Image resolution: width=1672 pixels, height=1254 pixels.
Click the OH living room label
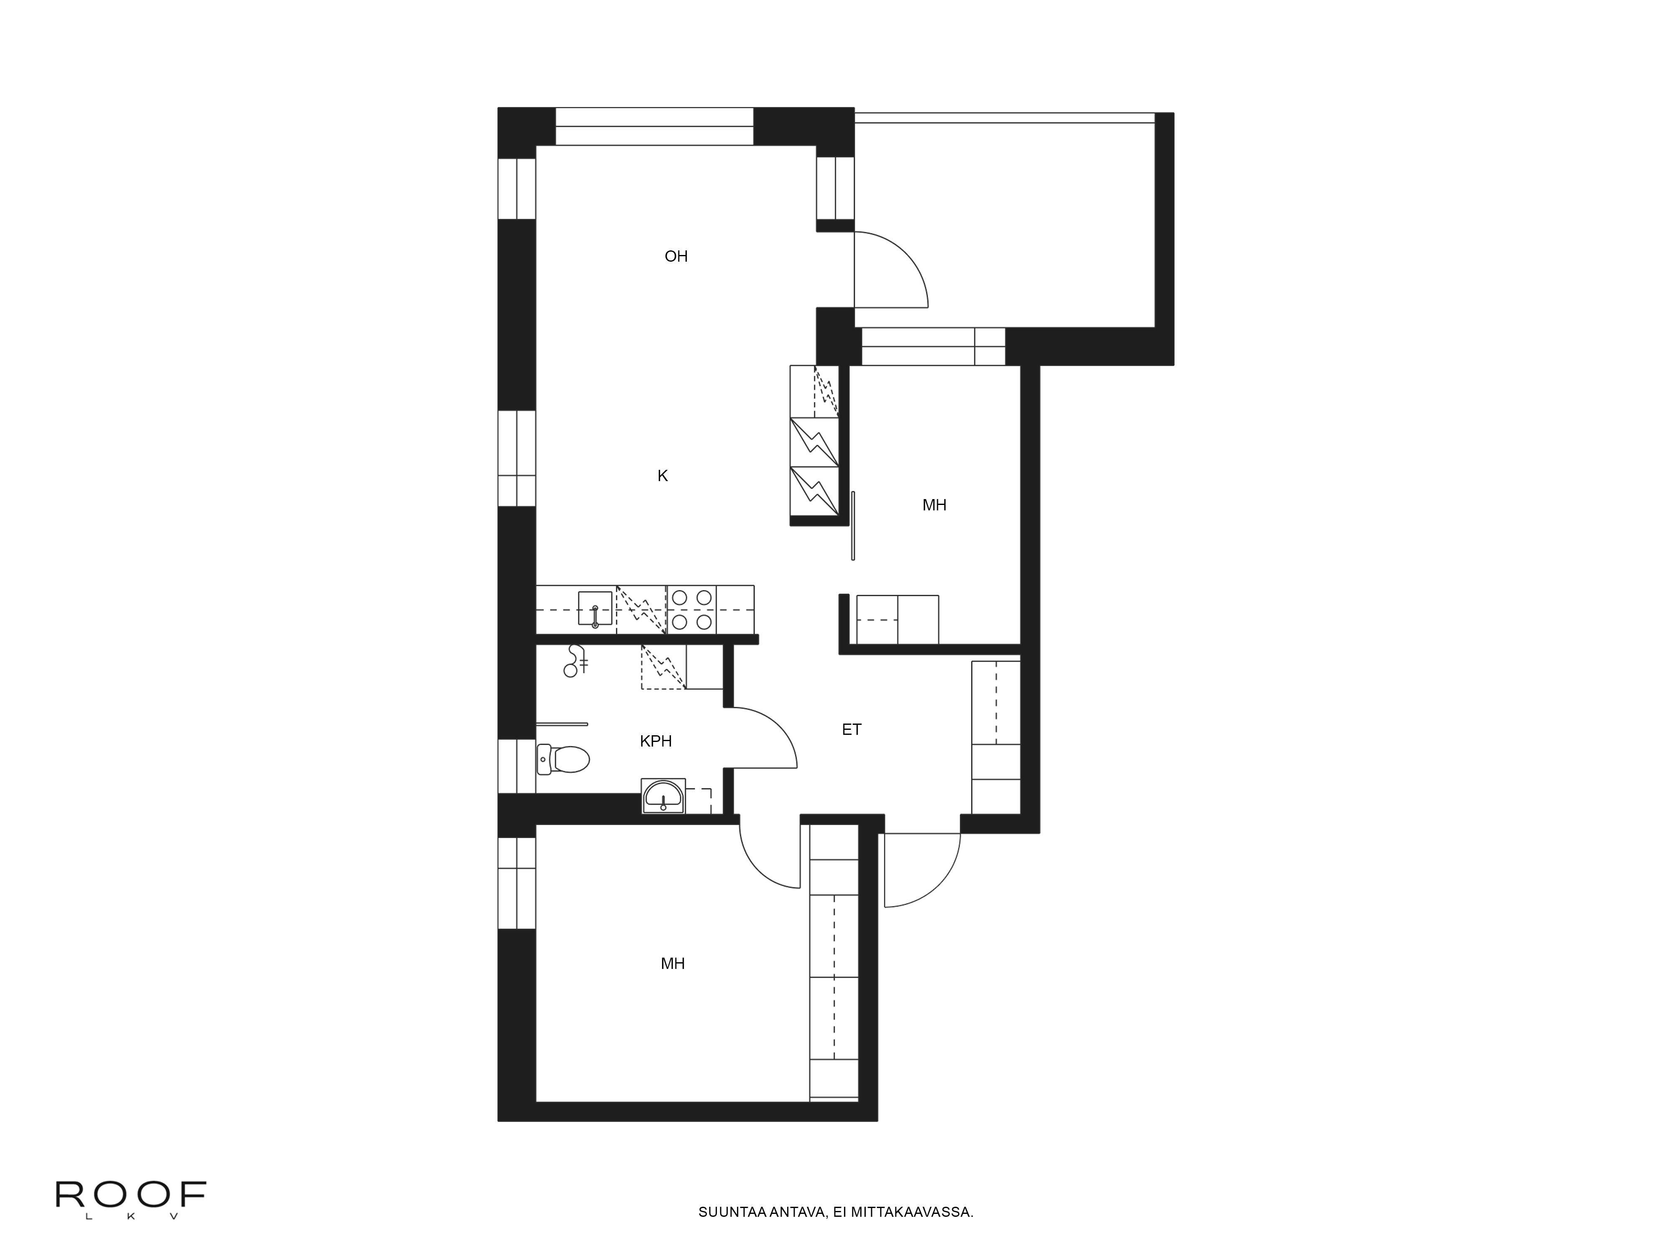tap(676, 256)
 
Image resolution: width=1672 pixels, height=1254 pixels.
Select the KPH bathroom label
tap(655, 741)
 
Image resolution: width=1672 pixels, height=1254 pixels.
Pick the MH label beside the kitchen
tap(934, 505)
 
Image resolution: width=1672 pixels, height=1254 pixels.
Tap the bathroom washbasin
tap(663, 796)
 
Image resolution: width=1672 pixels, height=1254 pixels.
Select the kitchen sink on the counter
tap(595, 609)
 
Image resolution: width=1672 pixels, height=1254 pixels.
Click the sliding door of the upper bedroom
tap(853, 525)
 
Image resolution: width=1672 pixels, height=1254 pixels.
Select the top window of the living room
tap(655, 126)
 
